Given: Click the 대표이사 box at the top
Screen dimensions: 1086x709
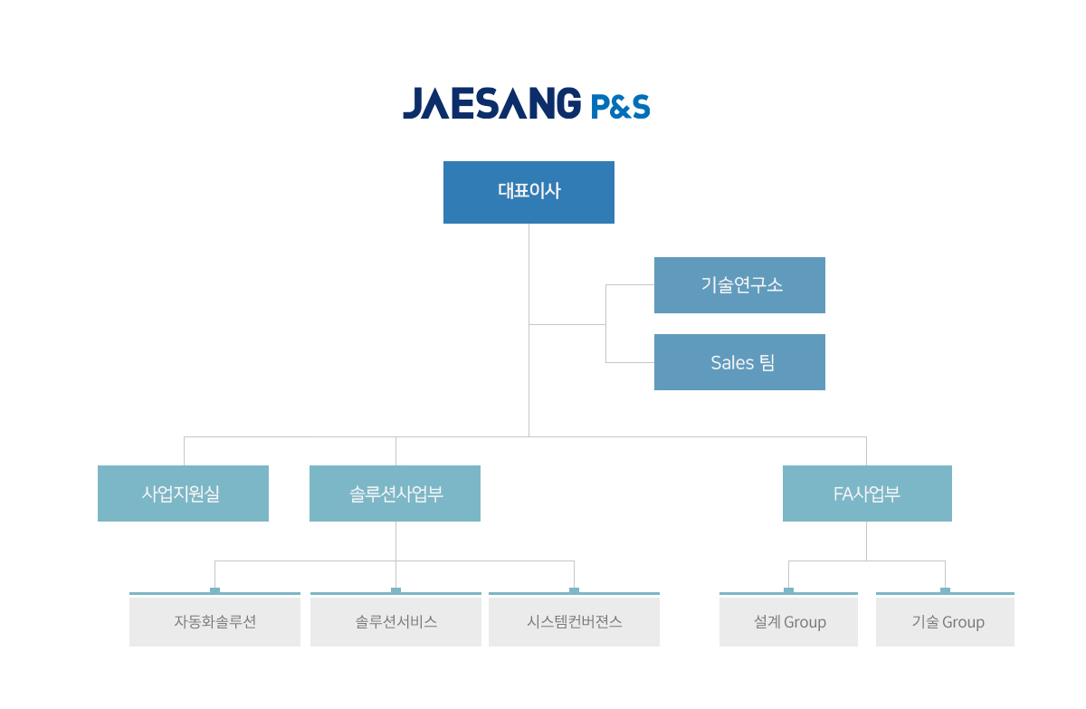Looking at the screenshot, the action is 529,193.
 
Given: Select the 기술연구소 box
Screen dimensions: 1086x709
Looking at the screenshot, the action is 739,285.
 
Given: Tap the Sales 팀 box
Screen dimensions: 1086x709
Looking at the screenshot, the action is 739,362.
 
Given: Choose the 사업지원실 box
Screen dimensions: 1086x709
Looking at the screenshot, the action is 183,493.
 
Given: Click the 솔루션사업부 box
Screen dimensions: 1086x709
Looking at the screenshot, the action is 395,493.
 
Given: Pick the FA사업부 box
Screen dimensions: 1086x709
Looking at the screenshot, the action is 867,493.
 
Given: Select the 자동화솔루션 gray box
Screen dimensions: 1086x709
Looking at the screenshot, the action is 214,622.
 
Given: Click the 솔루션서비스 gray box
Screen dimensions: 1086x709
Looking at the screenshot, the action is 395,622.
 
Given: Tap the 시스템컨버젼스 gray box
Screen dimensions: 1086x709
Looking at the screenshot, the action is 574,622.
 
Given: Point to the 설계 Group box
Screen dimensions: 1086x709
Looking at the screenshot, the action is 788,622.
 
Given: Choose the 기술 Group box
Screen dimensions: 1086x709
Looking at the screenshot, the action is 945,622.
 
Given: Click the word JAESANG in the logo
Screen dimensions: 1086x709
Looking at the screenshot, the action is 492,103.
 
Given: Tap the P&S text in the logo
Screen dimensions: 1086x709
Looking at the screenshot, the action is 621,106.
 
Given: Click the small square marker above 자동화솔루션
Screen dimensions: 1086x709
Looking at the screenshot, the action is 214,590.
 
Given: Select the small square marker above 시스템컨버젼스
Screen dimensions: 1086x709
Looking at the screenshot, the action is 574,590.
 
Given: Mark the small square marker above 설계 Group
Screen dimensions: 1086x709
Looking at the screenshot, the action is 789,590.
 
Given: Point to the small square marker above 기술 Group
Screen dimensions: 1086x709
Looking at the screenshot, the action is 945,590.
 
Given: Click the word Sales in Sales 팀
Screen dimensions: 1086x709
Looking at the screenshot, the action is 732,363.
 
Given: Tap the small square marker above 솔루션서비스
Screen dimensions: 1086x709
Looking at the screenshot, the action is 395,590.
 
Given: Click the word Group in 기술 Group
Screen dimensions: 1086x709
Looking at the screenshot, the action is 963,622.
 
